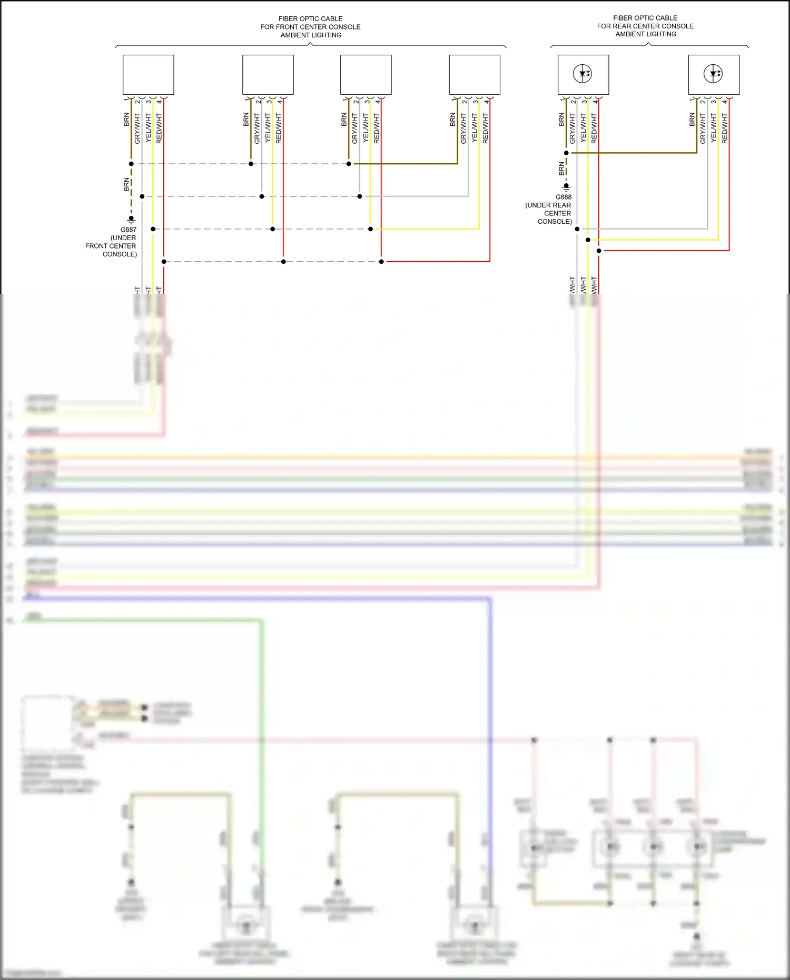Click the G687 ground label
(x=128, y=230)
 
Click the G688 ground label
(x=563, y=197)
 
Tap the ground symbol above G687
(x=131, y=219)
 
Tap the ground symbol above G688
(x=566, y=186)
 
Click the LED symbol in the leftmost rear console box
(x=583, y=74)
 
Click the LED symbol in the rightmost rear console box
(x=713, y=74)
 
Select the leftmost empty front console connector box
(x=148, y=75)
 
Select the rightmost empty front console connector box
(x=474, y=75)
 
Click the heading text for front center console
(x=310, y=27)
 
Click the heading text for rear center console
(x=645, y=26)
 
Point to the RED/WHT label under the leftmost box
(x=159, y=128)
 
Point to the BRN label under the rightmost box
(x=692, y=120)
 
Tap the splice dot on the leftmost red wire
(x=164, y=262)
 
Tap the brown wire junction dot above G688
(x=566, y=153)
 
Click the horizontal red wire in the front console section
(x=437, y=261)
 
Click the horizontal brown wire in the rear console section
(x=632, y=153)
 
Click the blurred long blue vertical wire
(x=490, y=737)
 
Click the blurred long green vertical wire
(x=261, y=737)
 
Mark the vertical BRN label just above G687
(x=126, y=184)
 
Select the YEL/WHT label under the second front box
(x=268, y=128)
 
